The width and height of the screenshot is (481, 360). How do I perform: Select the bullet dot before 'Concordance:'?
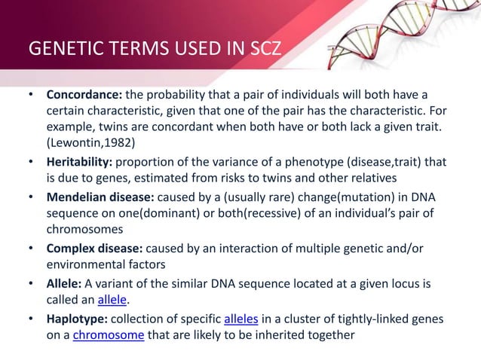pos(31,95)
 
